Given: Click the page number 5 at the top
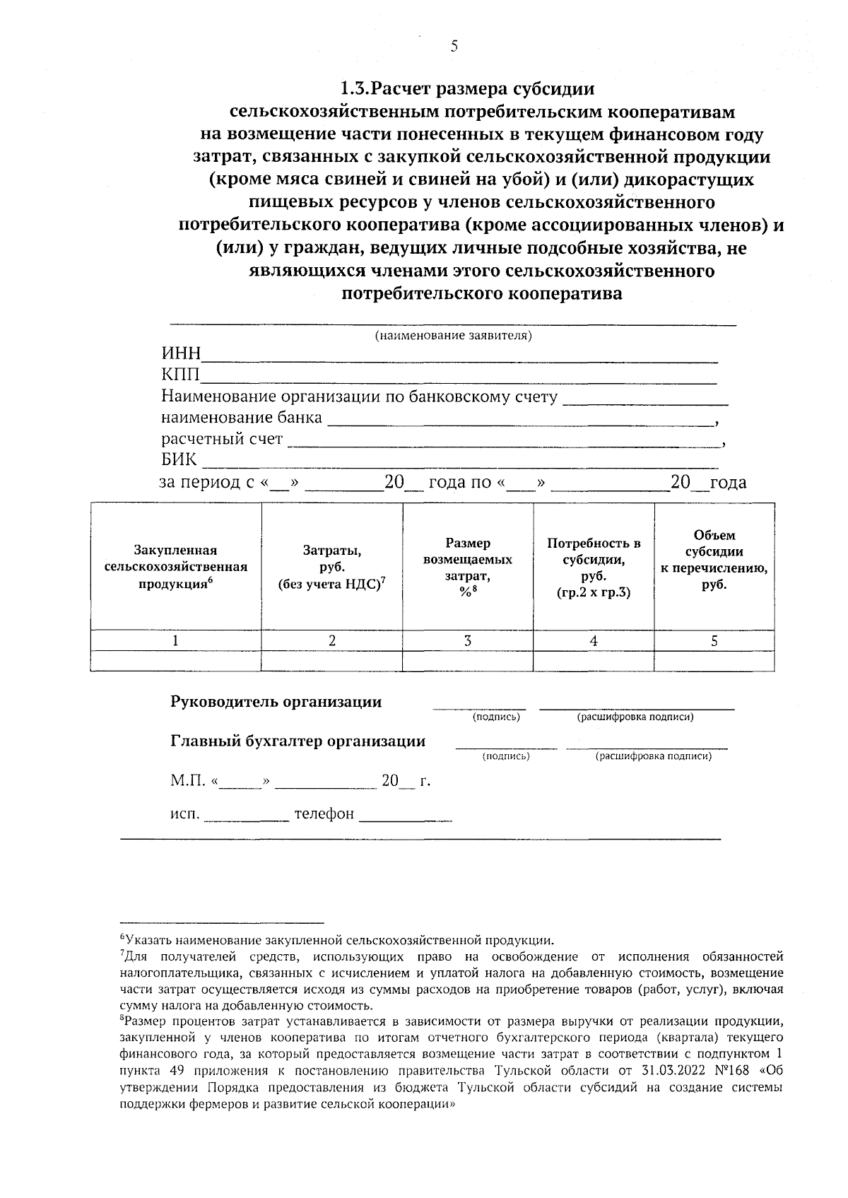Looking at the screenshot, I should pyautogui.click(x=454, y=47).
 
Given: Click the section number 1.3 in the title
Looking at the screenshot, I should pyautogui.click(x=353, y=89).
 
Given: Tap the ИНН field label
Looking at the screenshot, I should pyautogui.click(x=181, y=354).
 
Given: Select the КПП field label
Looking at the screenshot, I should pyautogui.click(x=181, y=375).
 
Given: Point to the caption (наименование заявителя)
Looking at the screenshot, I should pyautogui.click(x=453, y=335).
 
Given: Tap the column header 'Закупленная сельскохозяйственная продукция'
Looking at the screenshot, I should pyautogui.click(x=175, y=566).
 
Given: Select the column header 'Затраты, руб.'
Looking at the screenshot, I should pyautogui.click(x=331, y=566).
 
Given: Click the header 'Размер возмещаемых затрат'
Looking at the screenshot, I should pyautogui.click(x=467, y=566).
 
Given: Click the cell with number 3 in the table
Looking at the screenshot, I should pyautogui.click(x=467, y=640).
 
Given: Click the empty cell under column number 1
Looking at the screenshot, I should pyautogui.click(x=175, y=662).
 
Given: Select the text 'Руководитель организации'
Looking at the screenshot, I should pyautogui.click(x=276, y=702).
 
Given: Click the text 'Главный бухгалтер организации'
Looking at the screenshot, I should pyautogui.click(x=298, y=741).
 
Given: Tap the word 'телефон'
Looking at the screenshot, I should pyautogui.click(x=324, y=814).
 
